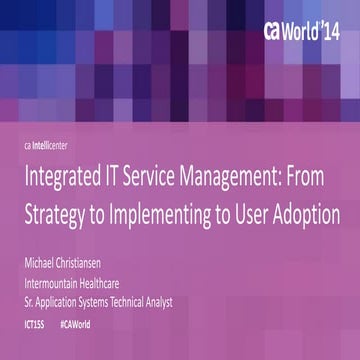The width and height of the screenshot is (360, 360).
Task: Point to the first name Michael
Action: coord(46,265)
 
